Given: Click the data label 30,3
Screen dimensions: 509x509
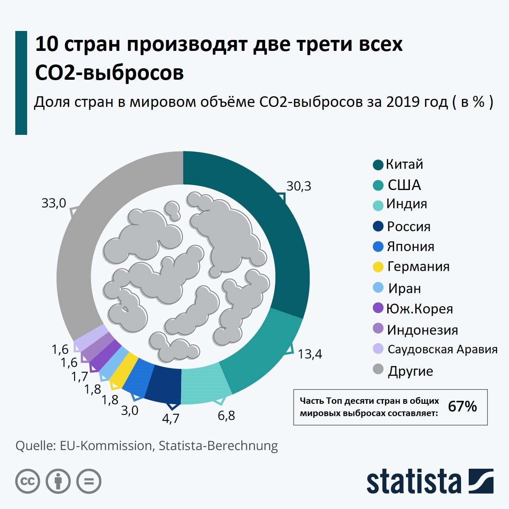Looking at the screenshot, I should pos(299,186).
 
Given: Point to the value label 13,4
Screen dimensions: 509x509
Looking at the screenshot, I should pos(310,354).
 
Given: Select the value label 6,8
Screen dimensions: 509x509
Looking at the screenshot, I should pos(226,416).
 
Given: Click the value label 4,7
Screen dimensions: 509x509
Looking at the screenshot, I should pos(171,419).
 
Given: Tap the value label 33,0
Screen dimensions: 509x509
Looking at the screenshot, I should pos(53,203).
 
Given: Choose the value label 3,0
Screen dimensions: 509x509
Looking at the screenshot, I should pos(129,411).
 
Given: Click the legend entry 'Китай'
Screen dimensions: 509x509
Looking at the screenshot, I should pos(404,165).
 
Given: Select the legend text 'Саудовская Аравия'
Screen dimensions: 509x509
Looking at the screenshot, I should pos(442,350).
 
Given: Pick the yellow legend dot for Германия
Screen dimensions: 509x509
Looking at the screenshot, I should pos(378,267).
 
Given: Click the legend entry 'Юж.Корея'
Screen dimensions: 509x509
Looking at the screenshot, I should pos(420,309).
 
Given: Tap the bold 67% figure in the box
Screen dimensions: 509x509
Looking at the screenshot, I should pos(462,406).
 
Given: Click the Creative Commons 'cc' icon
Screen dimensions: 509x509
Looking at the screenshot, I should pos(28,481).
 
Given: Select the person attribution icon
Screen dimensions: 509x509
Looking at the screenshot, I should pos(58,481).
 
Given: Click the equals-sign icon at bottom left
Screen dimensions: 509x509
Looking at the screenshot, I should pos(89,481).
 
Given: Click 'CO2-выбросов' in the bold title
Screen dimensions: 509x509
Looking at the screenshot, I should pos(109,73).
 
